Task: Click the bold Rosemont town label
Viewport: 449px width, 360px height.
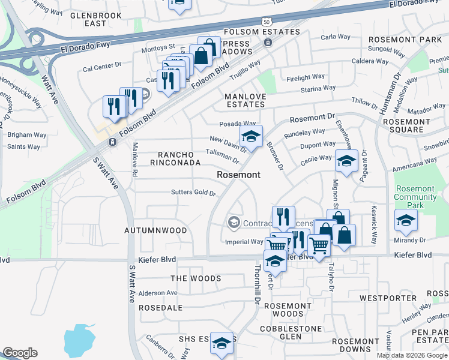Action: [238, 175]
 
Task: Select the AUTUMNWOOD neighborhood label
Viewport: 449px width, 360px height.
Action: [155, 230]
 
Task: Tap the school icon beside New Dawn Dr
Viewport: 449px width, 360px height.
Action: [251, 136]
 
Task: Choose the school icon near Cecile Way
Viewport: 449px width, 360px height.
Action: [346, 161]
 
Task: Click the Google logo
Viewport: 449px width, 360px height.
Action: [20, 353]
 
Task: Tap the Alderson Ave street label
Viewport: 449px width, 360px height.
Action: [158, 293]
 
